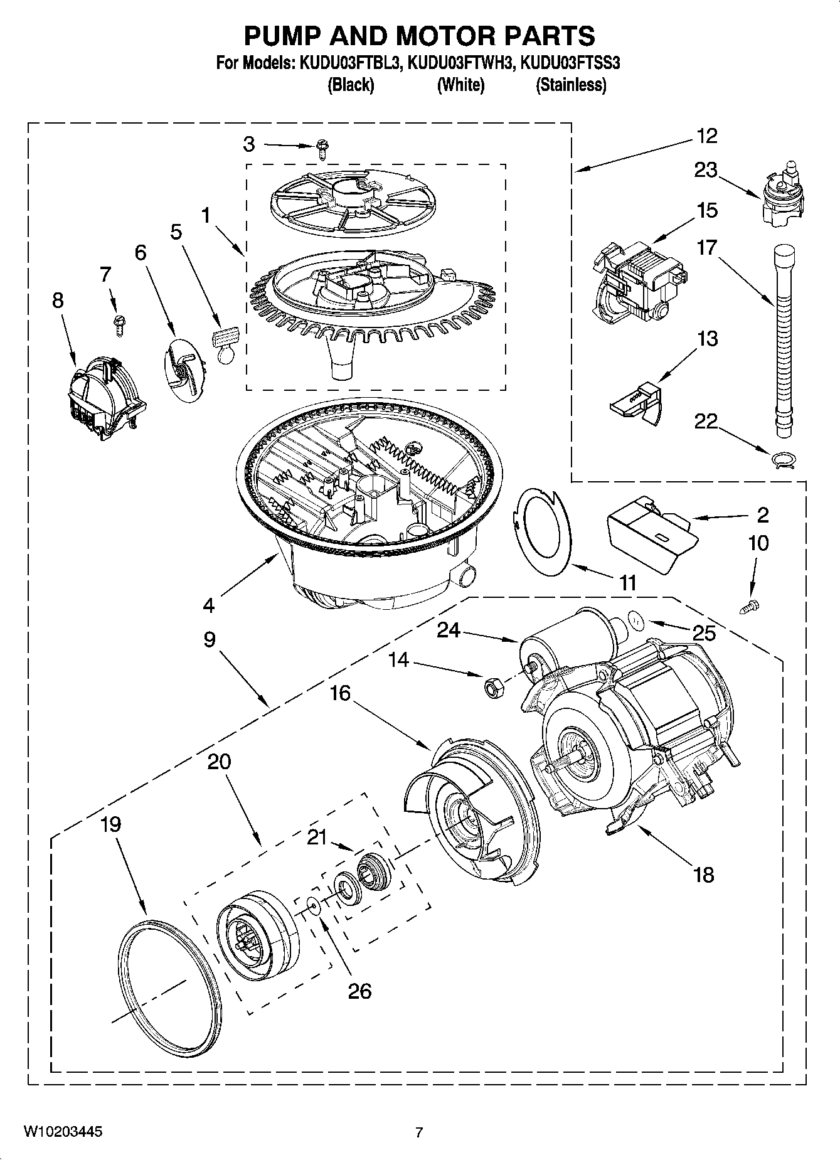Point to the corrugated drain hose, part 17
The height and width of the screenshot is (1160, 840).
tap(782, 339)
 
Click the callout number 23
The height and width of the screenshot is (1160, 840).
tap(706, 169)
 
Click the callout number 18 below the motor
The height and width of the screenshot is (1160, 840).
tap(704, 874)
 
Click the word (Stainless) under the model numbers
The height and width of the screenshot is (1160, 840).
tap(570, 85)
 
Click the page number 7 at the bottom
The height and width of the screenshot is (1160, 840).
tap(419, 1132)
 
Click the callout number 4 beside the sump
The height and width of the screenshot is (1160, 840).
tap(208, 605)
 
